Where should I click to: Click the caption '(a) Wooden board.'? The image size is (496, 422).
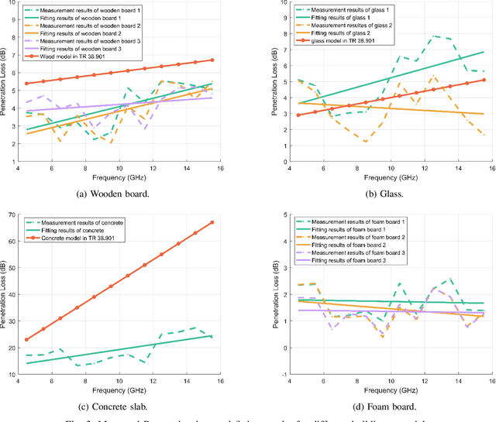[124, 194]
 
